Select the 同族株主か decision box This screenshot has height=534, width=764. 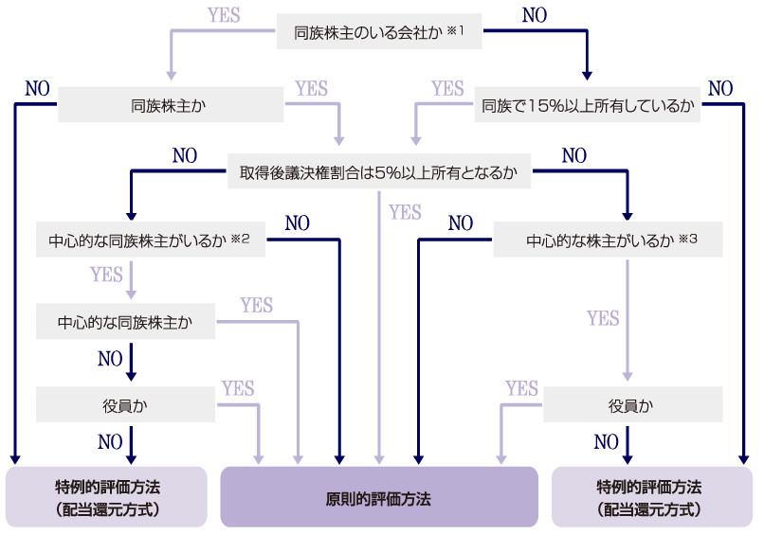click(x=171, y=105)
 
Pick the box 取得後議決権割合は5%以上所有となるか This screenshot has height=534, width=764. click(x=379, y=173)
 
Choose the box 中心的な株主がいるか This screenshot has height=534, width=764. click(x=608, y=240)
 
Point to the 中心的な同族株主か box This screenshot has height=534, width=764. click(x=125, y=322)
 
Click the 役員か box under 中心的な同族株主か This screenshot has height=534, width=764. click(x=125, y=404)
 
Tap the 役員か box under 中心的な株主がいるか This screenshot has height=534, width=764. click(x=631, y=404)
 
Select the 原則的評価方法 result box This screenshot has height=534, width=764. click(x=379, y=497)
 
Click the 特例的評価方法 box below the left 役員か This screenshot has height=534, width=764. click(x=107, y=497)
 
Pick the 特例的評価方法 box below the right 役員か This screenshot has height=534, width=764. click(x=651, y=497)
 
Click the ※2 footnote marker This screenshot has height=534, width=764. click(x=240, y=238)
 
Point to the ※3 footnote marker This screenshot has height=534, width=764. click(x=689, y=238)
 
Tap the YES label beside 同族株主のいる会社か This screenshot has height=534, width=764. click(x=224, y=16)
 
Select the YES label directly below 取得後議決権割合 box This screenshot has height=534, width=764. click(x=405, y=212)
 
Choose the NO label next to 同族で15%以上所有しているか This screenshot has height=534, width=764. click(x=720, y=89)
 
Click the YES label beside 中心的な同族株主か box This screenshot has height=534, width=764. click(x=257, y=306)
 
